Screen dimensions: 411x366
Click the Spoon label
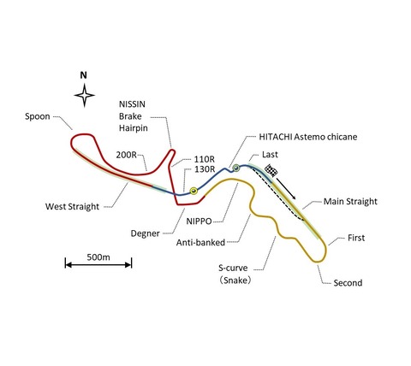tap(38, 116)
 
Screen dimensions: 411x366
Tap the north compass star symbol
tap(84, 96)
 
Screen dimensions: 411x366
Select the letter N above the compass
tap(83, 75)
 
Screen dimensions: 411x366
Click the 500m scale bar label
tap(98, 257)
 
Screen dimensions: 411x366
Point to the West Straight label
tap(72, 206)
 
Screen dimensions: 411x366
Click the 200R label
tap(126, 155)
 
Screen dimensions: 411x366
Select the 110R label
tap(205, 159)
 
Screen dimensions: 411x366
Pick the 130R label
tap(205, 169)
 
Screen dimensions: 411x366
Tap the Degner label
tap(145, 233)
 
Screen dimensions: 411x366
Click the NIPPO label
tap(199, 221)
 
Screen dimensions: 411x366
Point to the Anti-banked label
tap(200, 243)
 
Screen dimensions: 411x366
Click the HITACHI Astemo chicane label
tap(308, 137)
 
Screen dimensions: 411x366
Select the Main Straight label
tap(350, 202)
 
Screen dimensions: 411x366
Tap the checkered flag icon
tap(271, 170)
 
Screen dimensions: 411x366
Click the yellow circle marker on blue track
tap(194, 191)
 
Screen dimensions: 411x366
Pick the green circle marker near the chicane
tap(235, 168)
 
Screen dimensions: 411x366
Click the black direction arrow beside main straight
tap(286, 188)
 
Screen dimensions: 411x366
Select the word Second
tap(348, 283)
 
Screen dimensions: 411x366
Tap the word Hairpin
tap(134, 128)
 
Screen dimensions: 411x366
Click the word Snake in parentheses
tap(237, 280)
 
